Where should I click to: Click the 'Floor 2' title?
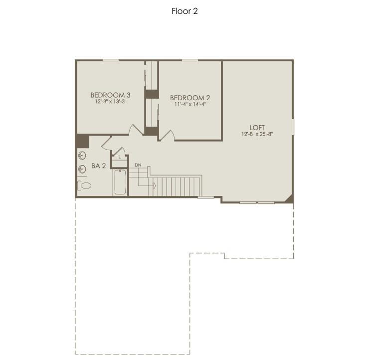tap(184, 11)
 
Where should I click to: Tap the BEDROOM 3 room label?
tap(110, 95)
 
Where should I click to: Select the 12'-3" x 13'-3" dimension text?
tap(110, 101)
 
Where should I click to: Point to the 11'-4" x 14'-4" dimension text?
tap(190, 104)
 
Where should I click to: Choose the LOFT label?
tap(257, 127)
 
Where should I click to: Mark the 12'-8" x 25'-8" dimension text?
tap(257, 134)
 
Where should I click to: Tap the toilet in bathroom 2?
tap(84, 185)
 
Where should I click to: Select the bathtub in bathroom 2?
tap(120, 182)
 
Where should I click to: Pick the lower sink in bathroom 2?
tap(82, 169)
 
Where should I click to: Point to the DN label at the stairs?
tap(138, 165)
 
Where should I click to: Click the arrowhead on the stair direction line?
tap(154, 185)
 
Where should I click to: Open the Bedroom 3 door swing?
tap(135, 130)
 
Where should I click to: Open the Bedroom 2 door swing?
tap(167, 135)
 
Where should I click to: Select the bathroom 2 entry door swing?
tap(107, 144)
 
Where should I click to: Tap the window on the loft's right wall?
tap(293, 127)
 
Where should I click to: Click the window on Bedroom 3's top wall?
tap(111, 60)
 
